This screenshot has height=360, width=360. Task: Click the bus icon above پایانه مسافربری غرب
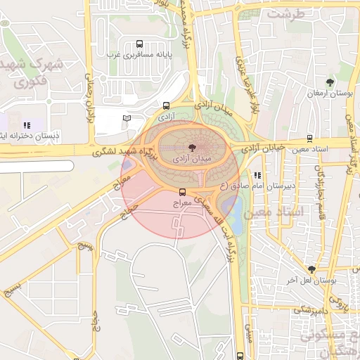pos(139,43)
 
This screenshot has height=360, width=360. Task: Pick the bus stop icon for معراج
pos(183,192)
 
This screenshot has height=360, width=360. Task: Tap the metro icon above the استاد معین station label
pos(309,139)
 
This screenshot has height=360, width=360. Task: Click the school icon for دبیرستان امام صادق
pos(257,175)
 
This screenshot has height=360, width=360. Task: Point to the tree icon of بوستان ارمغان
pos(330,83)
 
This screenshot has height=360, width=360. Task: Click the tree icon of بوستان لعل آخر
pos(311,269)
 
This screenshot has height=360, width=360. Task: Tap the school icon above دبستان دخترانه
pos(27,125)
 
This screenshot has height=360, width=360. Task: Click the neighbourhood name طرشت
pos(288,13)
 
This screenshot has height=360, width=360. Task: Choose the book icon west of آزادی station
pos(127,118)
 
